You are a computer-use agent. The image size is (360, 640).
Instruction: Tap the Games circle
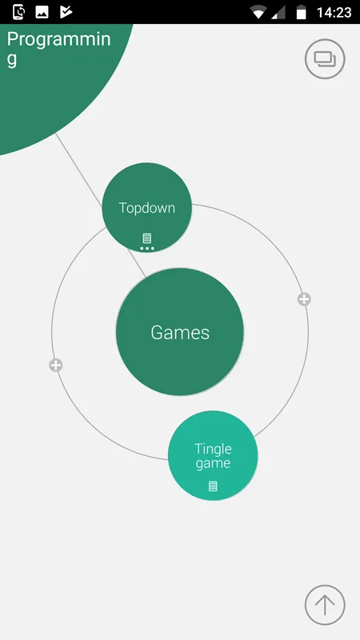click(179, 332)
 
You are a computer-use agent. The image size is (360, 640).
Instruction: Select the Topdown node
click(147, 207)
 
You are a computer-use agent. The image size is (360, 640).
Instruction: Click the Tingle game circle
click(213, 455)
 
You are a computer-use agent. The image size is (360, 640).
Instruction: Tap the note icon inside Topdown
click(147, 238)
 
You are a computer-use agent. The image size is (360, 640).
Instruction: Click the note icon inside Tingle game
click(213, 486)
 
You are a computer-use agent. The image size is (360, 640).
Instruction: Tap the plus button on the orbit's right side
click(304, 299)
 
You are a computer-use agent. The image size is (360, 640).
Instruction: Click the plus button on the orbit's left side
click(56, 366)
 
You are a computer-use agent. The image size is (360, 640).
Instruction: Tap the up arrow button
click(325, 605)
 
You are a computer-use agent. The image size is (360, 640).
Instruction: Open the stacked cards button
click(325, 58)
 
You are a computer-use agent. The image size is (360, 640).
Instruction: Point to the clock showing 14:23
click(334, 12)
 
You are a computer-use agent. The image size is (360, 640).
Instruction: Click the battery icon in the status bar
click(302, 12)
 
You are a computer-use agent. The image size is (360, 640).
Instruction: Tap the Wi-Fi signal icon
click(258, 12)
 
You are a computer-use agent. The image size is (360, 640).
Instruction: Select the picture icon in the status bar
click(42, 12)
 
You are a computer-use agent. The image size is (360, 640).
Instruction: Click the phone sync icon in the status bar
click(18, 12)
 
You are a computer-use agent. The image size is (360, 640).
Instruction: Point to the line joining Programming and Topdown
click(78, 170)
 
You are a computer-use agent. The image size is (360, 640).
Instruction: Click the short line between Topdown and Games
click(136, 263)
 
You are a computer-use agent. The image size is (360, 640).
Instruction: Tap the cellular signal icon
click(278, 12)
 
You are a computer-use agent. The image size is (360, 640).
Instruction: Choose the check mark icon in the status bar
click(66, 12)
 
